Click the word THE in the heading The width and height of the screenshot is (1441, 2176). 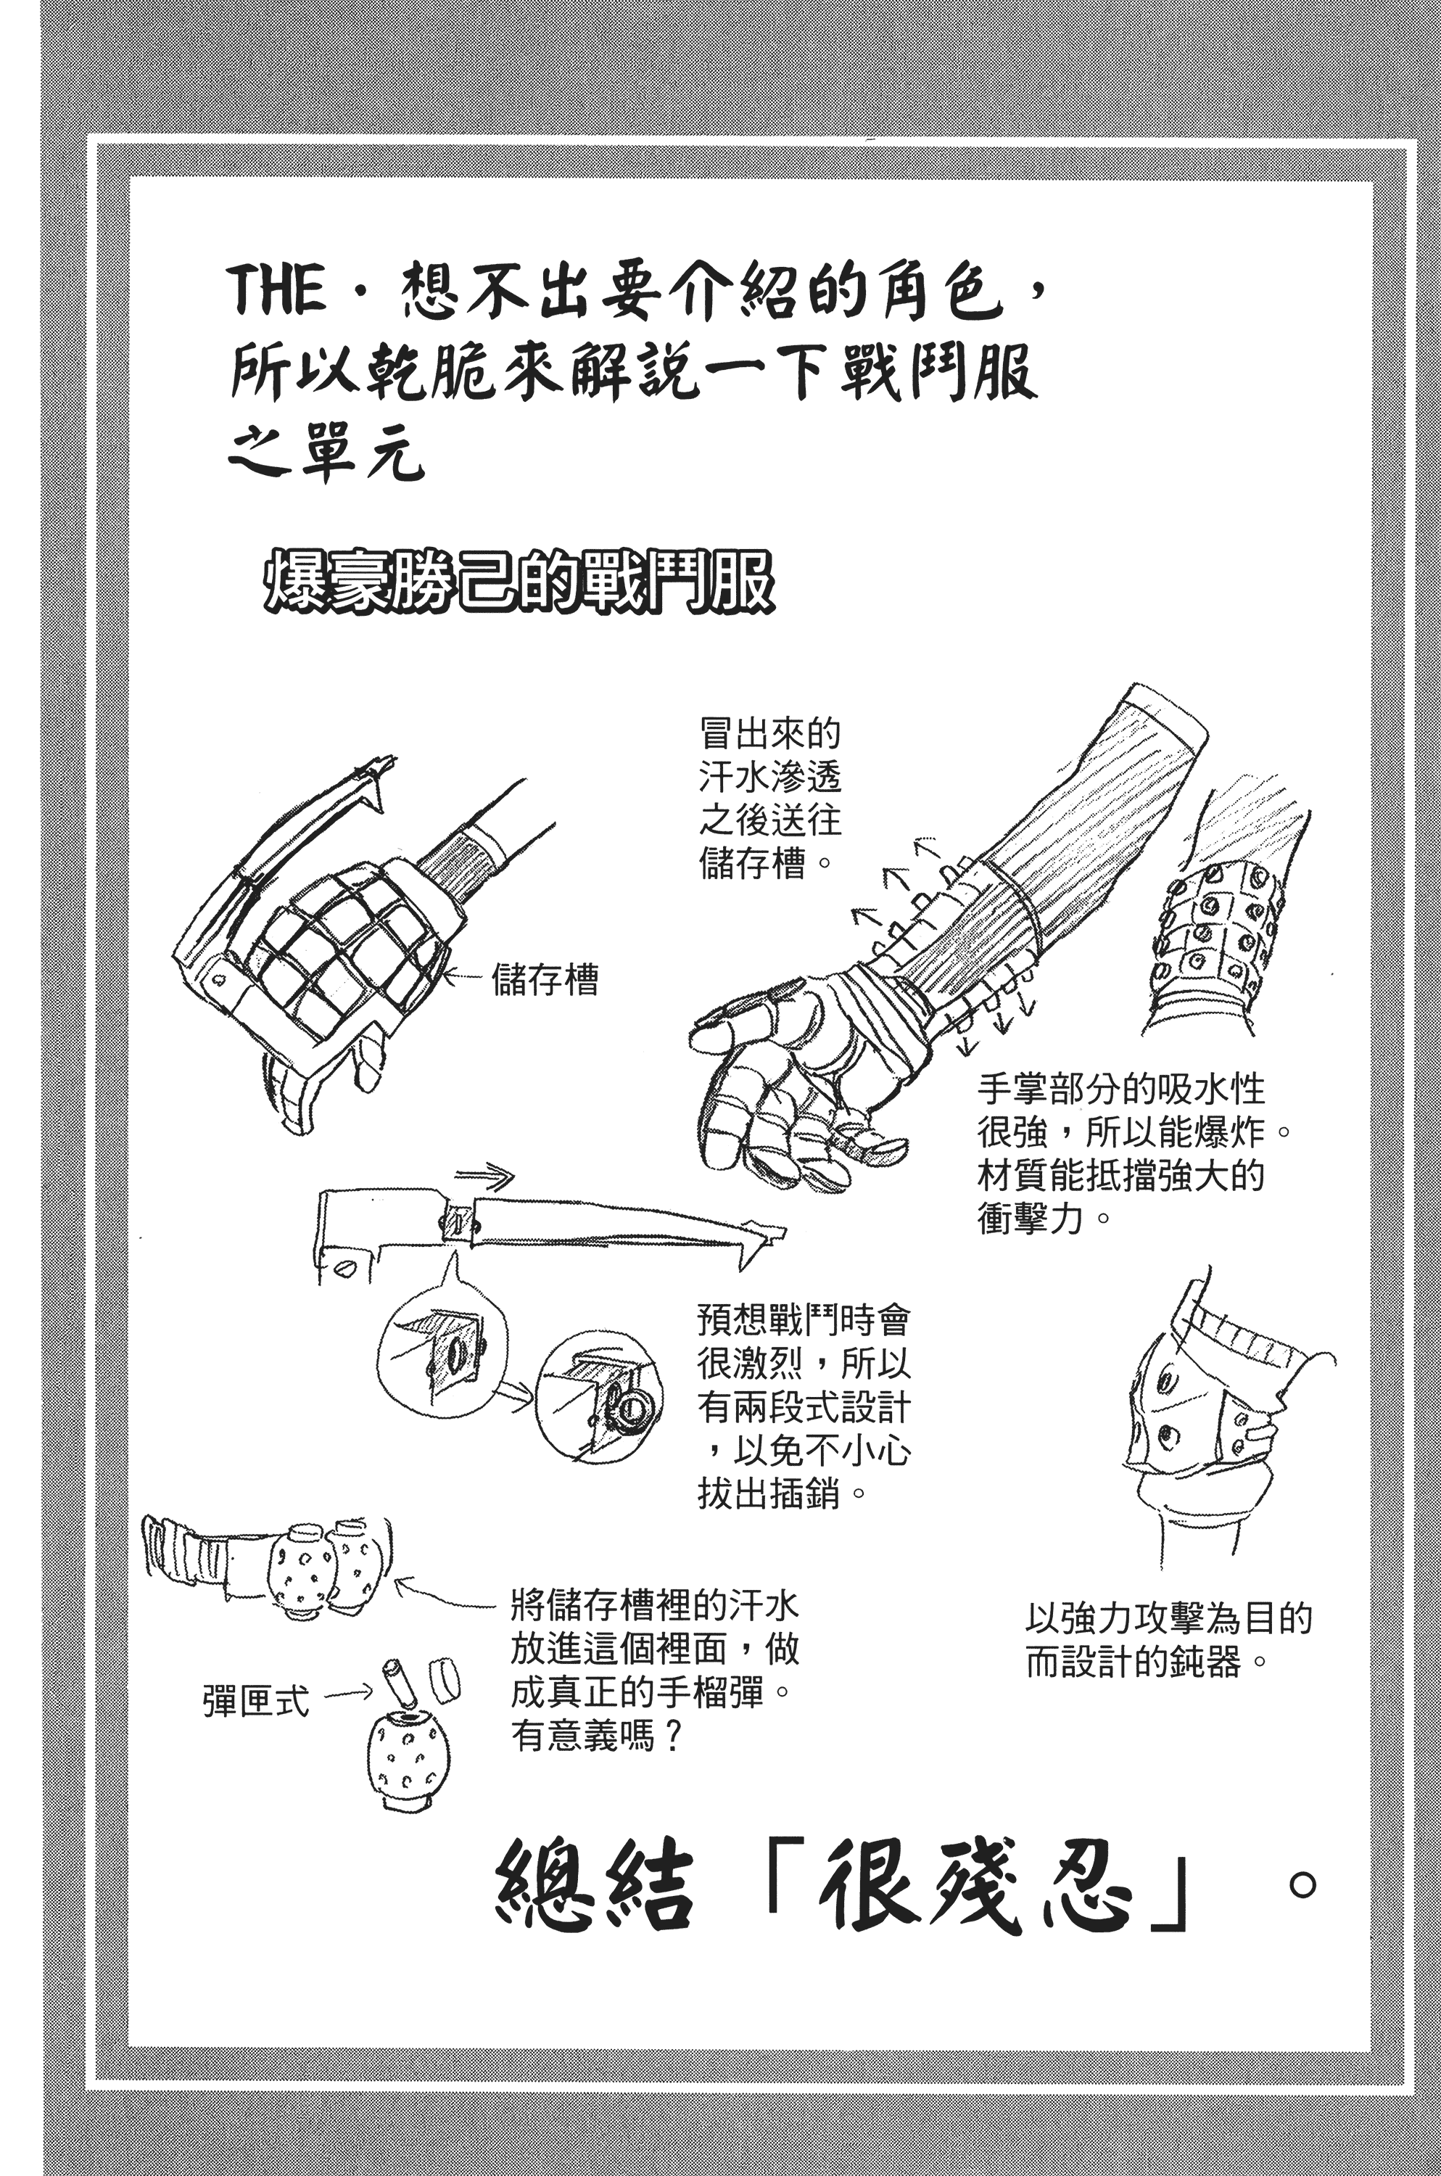click(275, 290)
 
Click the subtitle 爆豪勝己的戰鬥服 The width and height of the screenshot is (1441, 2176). click(519, 582)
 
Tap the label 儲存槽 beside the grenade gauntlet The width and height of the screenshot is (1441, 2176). click(545, 980)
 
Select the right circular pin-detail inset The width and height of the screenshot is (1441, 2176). click(598, 1397)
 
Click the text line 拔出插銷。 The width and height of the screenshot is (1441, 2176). click(782, 1493)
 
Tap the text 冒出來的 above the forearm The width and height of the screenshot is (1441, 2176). click(770, 733)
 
